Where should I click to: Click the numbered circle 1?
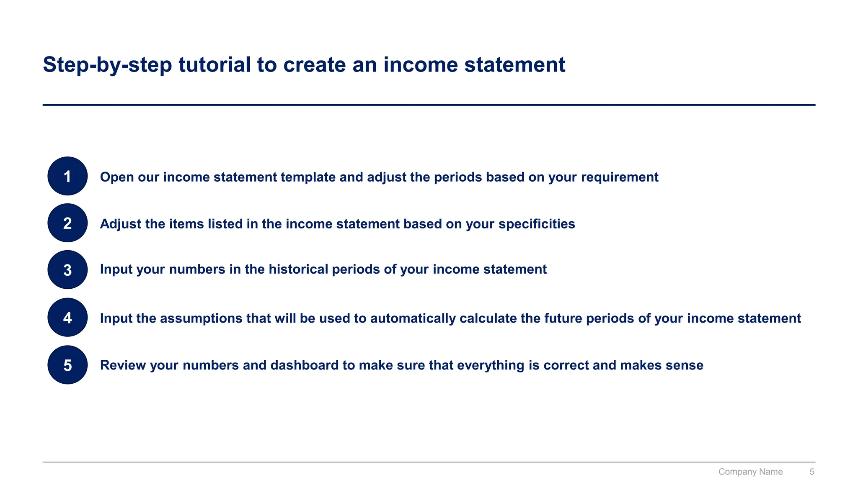[x=67, y=176]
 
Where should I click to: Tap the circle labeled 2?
[x=67, y=223]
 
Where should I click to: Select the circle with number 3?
[x=67, y=270]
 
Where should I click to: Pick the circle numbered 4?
[x=67, y=318]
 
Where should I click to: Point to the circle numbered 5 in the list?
[x=67, y=365]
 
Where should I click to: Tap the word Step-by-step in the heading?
[x=107, y=65]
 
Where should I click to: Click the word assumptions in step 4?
[x=201, y=318]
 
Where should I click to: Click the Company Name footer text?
[x=750, y=472]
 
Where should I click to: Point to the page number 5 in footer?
[x=811, y=472]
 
